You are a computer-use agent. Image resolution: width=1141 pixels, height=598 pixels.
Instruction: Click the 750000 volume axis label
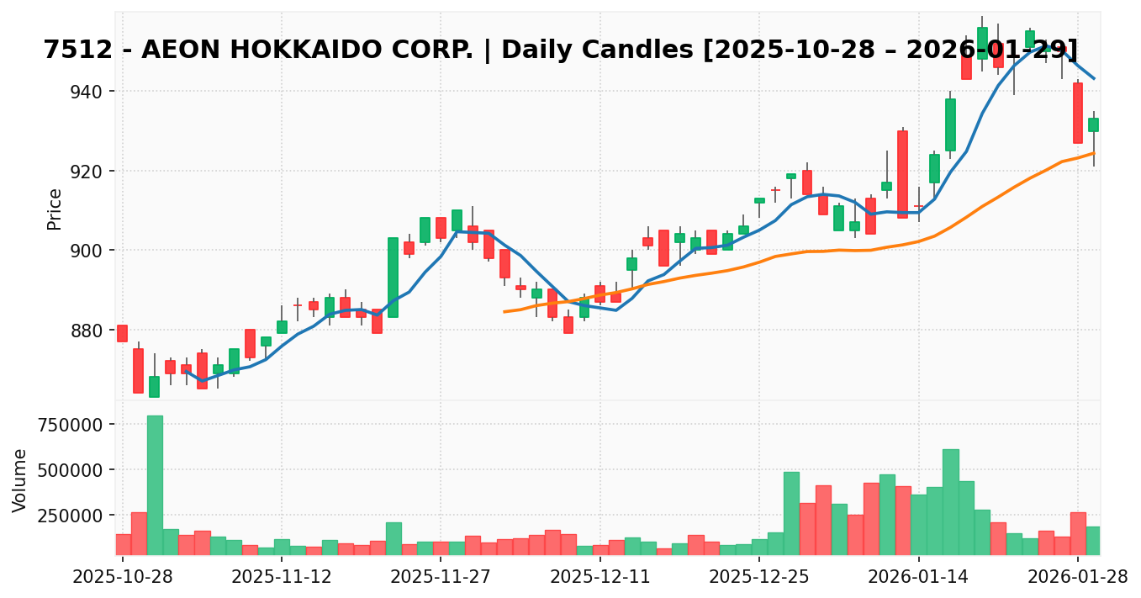(66, 424)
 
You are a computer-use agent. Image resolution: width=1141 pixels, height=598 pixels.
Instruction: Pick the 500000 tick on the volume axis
(66, 469)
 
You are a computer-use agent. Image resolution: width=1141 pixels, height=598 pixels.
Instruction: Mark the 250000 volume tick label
(66, 515)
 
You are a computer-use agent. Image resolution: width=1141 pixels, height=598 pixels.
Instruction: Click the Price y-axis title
(55, 209)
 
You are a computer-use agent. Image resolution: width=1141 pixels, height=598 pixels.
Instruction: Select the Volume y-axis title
(20, 480)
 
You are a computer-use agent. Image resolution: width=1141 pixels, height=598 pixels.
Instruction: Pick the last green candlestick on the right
(1093, 124)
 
